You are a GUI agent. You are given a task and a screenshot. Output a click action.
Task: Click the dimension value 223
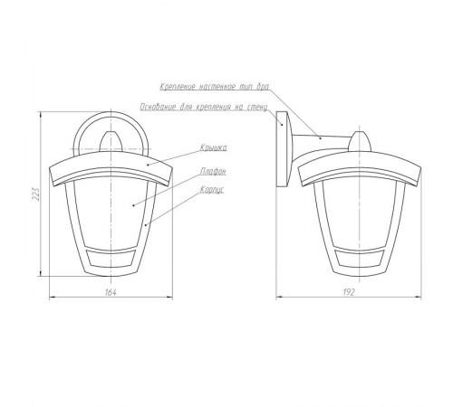point(36,194)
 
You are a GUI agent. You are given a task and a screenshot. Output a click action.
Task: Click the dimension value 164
point(111,292)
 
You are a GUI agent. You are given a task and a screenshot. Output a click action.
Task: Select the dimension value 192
point(349,292)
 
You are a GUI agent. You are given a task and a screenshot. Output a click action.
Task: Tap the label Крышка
point(213,147)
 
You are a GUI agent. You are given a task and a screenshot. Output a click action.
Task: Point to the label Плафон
point(213,171)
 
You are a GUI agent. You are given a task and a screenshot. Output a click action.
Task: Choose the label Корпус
point(212,190)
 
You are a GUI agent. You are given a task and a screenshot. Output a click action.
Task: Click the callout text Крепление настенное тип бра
point(215,87)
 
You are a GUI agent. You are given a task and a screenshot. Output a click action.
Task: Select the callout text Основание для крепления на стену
point(204,107)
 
